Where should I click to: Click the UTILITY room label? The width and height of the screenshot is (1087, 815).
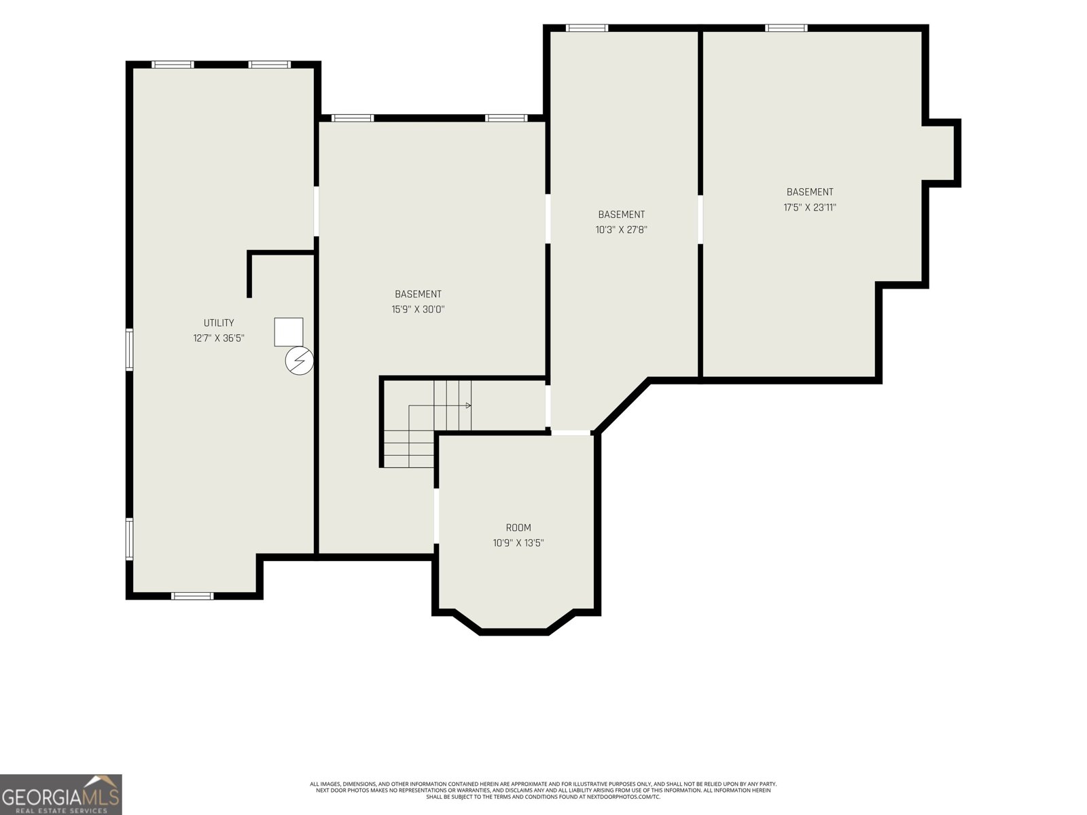point(219,323)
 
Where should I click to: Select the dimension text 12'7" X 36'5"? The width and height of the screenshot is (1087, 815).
point(219,338)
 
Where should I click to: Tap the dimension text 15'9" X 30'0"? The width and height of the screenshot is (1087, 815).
point(418,310)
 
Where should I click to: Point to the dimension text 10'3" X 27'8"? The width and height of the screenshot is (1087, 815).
point(622,230)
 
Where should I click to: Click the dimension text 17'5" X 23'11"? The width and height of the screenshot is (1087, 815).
point(810,208)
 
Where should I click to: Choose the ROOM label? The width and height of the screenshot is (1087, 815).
point(518,528)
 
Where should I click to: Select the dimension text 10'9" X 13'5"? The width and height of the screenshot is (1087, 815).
point(518,543)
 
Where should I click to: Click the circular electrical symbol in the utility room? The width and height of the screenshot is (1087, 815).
point(299,361)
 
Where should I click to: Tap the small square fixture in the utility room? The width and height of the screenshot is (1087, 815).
point(289,332)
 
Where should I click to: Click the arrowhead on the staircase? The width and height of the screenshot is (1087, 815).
point(469,405)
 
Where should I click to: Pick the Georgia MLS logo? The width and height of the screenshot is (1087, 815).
point(61,795)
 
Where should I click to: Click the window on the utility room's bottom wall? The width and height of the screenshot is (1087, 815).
point(192,596)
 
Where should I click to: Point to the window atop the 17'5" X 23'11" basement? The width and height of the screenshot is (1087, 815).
point(786,28)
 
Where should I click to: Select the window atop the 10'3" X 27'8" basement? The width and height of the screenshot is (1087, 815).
point(587,28)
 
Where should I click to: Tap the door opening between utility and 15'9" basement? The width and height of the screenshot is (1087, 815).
point(317,211)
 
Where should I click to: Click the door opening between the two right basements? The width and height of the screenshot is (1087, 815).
point(700,219)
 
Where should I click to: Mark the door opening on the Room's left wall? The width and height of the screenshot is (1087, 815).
point(436,516)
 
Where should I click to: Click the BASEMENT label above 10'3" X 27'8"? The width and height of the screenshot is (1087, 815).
point(622,215)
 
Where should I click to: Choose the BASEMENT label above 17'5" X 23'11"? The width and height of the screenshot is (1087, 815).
point(810,192)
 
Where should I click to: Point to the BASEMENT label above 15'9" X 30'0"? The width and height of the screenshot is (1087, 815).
point(418,295)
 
